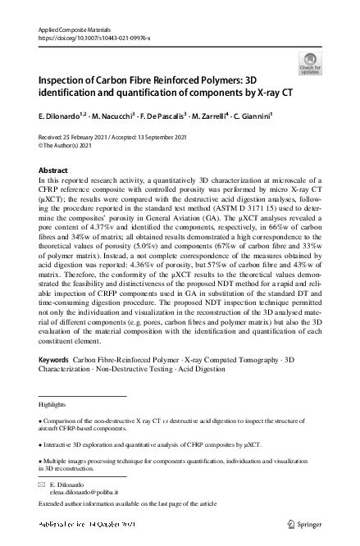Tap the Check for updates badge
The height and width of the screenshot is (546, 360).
click(x=311, y=62)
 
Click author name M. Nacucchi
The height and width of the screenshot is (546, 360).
click(x=121, y=116)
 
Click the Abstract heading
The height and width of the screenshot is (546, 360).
click(x=54, y=168)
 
